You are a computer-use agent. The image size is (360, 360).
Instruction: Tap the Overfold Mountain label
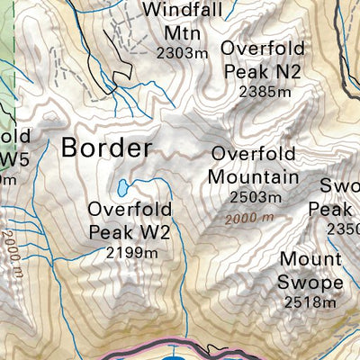253,165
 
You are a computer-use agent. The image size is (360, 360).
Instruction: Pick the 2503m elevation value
252,196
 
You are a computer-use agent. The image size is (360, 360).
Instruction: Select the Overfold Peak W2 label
131,221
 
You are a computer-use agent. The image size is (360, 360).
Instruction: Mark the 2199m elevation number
131,253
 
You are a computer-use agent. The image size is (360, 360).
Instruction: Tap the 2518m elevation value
311,302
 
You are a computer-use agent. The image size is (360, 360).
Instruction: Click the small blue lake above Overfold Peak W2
121,188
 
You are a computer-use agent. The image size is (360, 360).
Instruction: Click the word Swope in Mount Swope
311,283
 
